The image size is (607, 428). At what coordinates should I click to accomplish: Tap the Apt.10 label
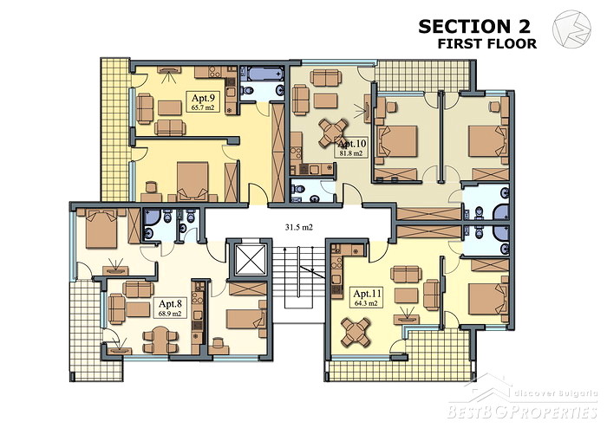pyautogui.click(x=351, y=144)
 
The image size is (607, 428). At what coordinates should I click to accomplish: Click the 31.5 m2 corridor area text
pyautogui.click(x=299, y=228)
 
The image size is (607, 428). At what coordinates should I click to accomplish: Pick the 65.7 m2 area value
pyautogui.click(x=203, y=107)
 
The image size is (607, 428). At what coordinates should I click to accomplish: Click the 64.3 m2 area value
pyautogui.click(x=366, y=303)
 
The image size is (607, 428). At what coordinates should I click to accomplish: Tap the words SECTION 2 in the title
pyautogui.click(x=474, y=27)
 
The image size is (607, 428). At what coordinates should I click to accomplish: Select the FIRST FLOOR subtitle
pyautogui.click(x=487, y=43)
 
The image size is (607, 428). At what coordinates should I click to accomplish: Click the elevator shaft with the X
pyautogui.click(x=251, y=260)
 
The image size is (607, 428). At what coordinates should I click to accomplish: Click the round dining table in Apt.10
pyautogui.click(x=333, y=133)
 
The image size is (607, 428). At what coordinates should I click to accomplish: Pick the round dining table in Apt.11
pyautogui.click(x=356, y=332)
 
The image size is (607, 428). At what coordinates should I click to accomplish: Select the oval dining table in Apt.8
pyautogui.click(x=160, y=340)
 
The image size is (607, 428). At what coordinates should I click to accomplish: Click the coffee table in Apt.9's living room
pyautogui.click(x=170, y=107)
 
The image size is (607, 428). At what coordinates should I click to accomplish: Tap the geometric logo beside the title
pyautogui.click(x=571, y=29)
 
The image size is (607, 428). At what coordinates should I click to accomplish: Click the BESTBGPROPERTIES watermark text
pyautogui.click(x=522, y=412)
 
